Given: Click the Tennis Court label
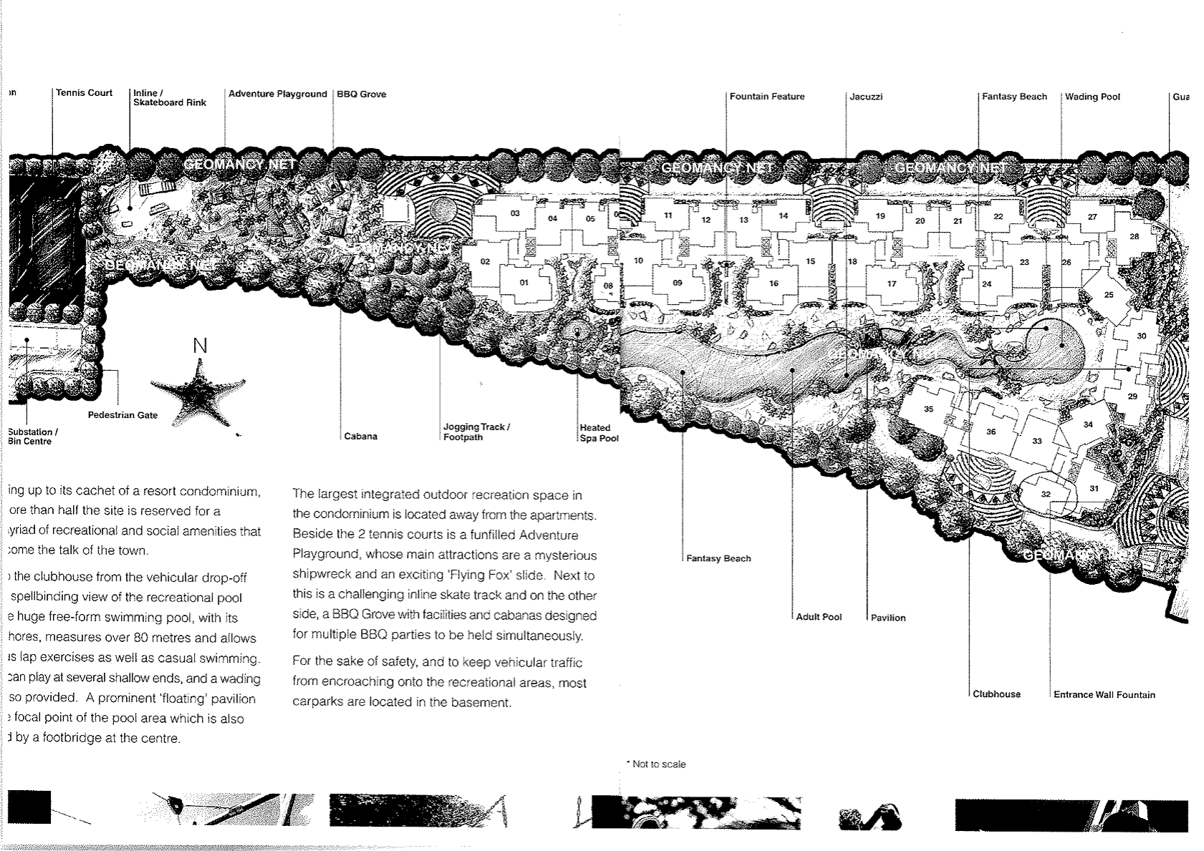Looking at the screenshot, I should pos(85,93).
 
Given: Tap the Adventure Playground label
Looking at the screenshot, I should pos(278,94).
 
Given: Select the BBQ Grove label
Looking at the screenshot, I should pos(362,94).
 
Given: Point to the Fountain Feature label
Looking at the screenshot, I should pos(767,97).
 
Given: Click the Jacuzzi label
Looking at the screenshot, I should pos(867,97).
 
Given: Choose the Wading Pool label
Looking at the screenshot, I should pos(1092,97).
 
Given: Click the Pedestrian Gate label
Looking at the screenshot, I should pos(122,415).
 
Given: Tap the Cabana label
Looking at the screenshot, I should pos(361,437).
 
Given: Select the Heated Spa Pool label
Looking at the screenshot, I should pos(599,433).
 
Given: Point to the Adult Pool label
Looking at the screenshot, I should pos(819,617).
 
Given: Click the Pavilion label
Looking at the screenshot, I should pos(889,618).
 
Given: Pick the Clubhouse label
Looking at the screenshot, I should pos(997,694).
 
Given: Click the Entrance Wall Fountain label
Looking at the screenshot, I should pos(1104,695).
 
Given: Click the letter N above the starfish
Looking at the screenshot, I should pos(201,346).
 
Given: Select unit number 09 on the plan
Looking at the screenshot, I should pos(678,283).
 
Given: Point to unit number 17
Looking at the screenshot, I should pos(892,284).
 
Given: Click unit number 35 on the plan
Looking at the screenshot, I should pos(929,409).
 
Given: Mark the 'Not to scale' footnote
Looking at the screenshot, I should pos(658,764).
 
